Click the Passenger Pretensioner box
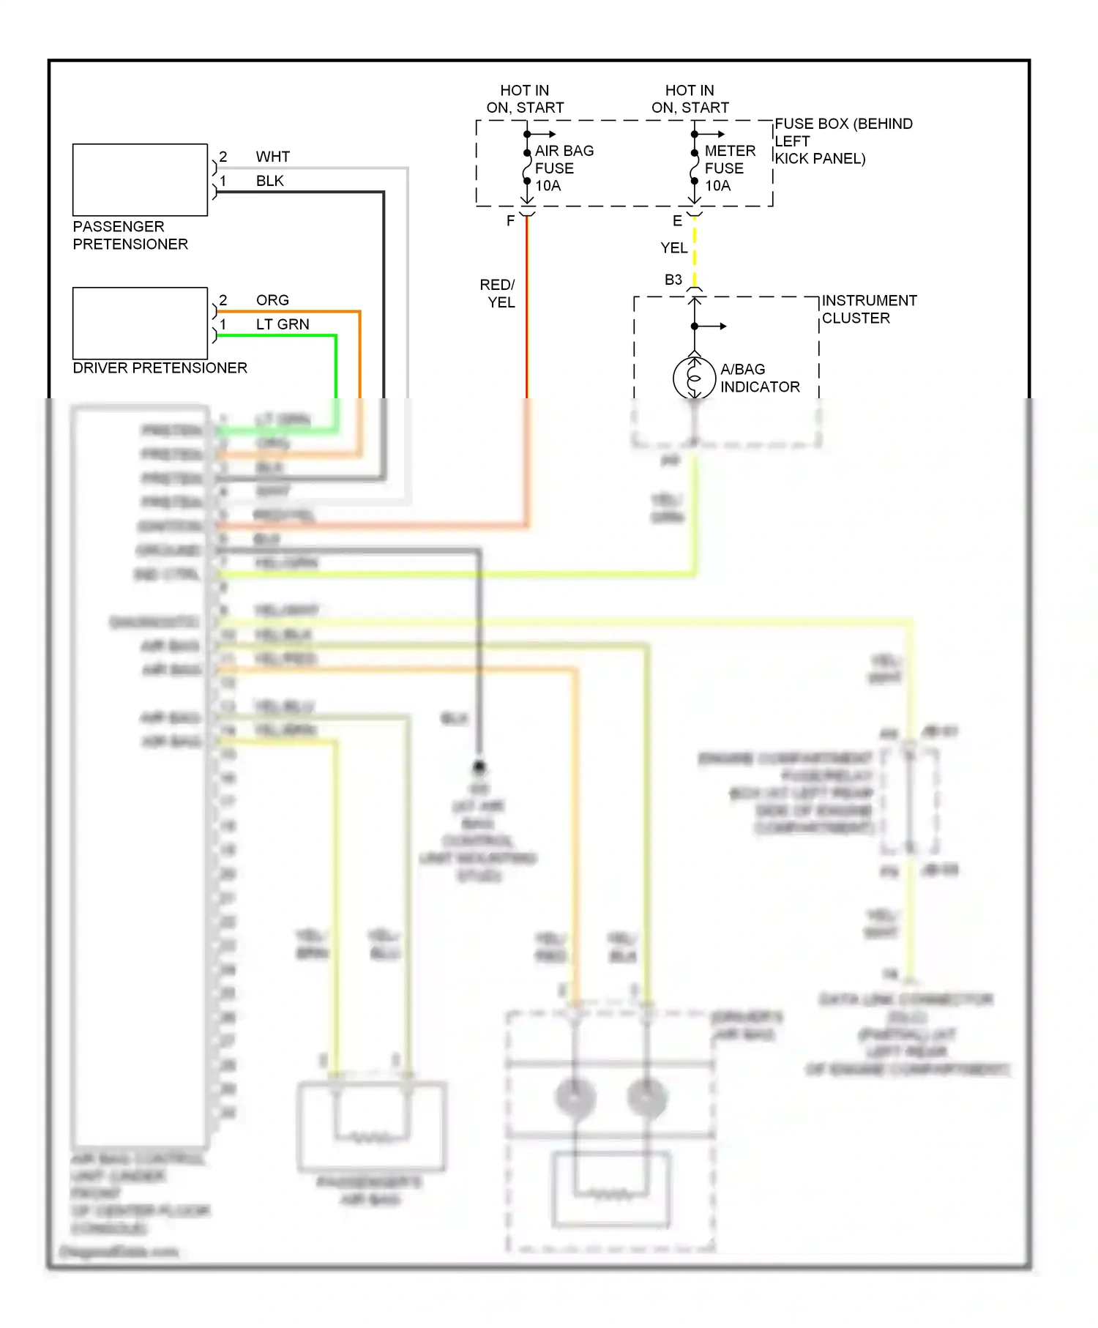[x=140, y=180]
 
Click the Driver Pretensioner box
[x=140, y=323]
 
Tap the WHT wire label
[x=272, y=157]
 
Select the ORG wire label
[x=272, y=300]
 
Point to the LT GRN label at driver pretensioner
[x=283, y=324]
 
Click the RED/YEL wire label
[x=498, y=293]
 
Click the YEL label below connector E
[x=673, y=248]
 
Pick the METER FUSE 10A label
[x=729, y=168]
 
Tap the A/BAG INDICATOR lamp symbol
[x=694, y=378]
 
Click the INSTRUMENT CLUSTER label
[x=868, y=309]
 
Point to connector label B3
[x=673, y=280]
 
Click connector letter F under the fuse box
[x=510, y=220]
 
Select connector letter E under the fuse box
[x=677, y=220]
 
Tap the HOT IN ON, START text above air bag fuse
[x=525, y=99]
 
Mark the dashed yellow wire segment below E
[x=695, y=253]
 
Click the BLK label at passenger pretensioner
[x=269, y=181]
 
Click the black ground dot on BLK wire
[x=479, y=766]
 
